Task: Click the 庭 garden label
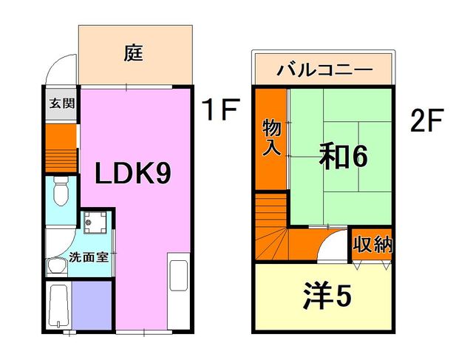[133, 53]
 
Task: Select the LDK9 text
[133, 174]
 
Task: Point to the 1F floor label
[220, 112]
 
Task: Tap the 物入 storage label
[271, 138]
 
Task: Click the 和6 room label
[343, 157]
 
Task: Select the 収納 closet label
[372, 244]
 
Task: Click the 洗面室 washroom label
[87, 259]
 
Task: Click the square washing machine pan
[95, 222]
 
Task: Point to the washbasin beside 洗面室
[56, 266]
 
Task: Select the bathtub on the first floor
[58, 306]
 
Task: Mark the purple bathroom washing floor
[92, 305]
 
